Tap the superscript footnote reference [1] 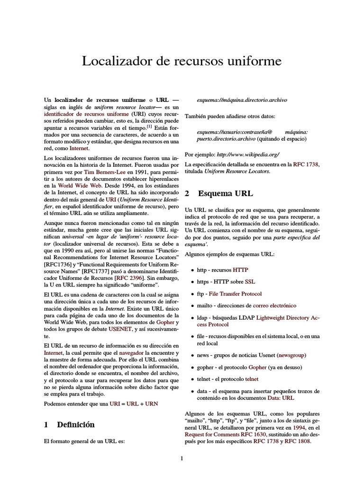coord(149,126)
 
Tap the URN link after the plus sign coord(151,404)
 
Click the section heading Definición coord(75,424)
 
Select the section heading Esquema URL coord(225,194)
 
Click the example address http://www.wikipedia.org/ coord(248,154)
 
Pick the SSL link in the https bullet coord(250,281)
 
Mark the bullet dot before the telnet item coord(191,380)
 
